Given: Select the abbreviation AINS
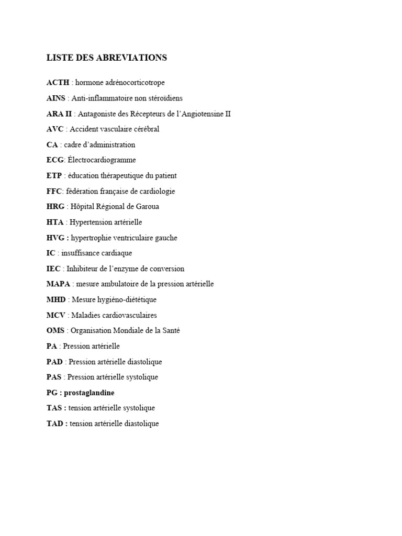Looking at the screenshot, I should click(x=56, y=98).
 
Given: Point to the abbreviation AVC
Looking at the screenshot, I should click(x=55, y=129).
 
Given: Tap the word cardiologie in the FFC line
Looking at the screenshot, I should click(x=157, y=191).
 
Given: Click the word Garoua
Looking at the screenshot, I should click(x=147, y=207).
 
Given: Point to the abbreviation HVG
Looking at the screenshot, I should click(x=55, y=238).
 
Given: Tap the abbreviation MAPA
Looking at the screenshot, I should click(x=58, y=284).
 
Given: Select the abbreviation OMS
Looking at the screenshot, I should click(x=55, y=331).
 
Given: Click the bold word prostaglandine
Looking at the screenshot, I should click(x=89, y=393).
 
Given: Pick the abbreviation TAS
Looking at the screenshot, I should click(x=55, y=408).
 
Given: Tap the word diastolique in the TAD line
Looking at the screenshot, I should click(x=140, y=423).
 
